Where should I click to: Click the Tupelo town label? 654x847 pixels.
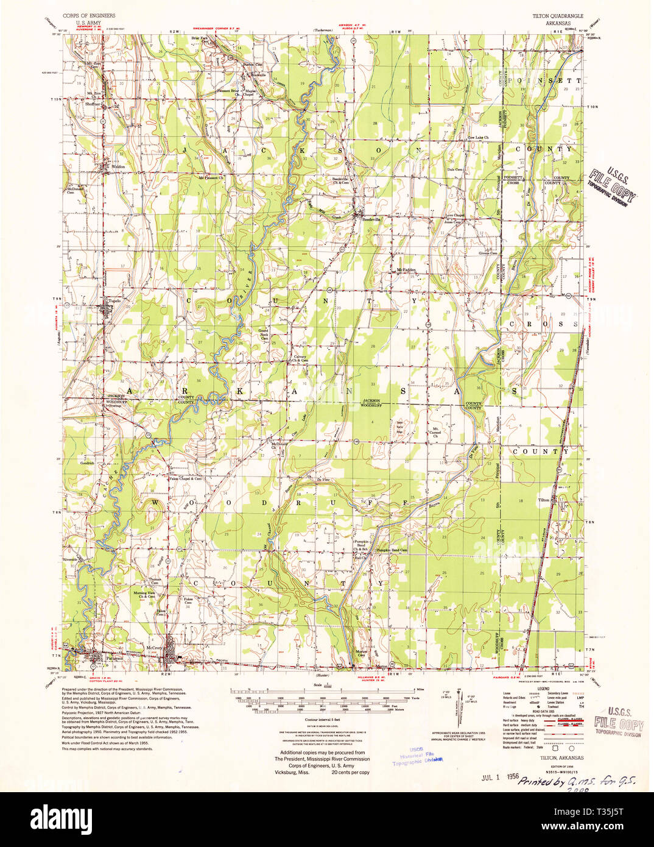tap(114, 300)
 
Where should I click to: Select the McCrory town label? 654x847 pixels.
tap(155, 648)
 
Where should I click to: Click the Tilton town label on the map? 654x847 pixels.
tap(543, 500)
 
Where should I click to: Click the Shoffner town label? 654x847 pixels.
tap(93, 104)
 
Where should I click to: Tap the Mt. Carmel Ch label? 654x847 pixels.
tap(435, 432)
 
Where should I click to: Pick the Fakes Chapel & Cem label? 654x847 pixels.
tap(185, 478)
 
